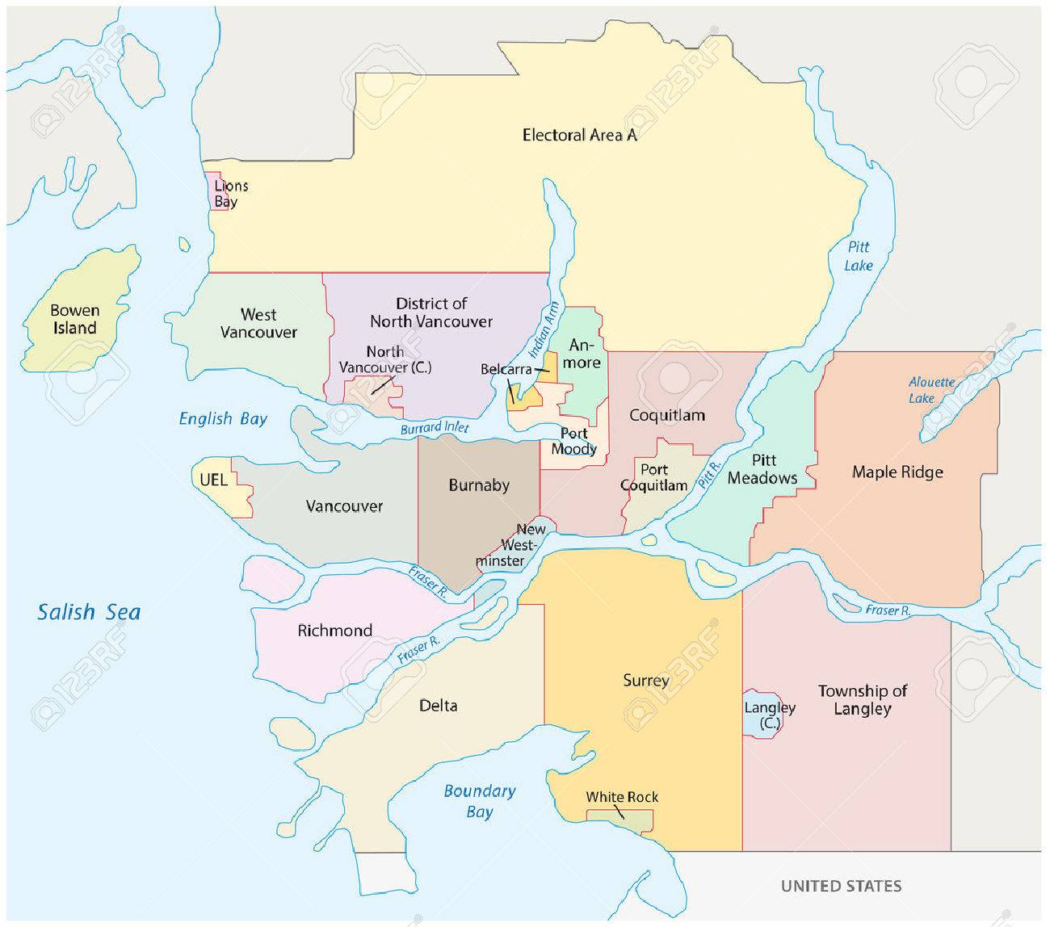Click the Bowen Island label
[74, 319]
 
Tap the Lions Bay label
[230, 194]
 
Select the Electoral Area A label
[579, 135]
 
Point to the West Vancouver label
[258, 323]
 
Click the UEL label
[212, 479]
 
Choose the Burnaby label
[479, 485]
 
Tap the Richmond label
[334, 631]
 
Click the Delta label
[439, 706]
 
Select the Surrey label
[646, 681]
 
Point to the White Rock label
[622, 797]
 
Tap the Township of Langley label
[862, 700]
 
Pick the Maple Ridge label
[897, 472]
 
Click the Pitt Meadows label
[762, 469]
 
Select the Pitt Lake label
[859, 256]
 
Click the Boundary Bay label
[479, 801]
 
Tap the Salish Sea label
[89, 612]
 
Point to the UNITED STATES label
[841, 886]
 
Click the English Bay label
[223, 418]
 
